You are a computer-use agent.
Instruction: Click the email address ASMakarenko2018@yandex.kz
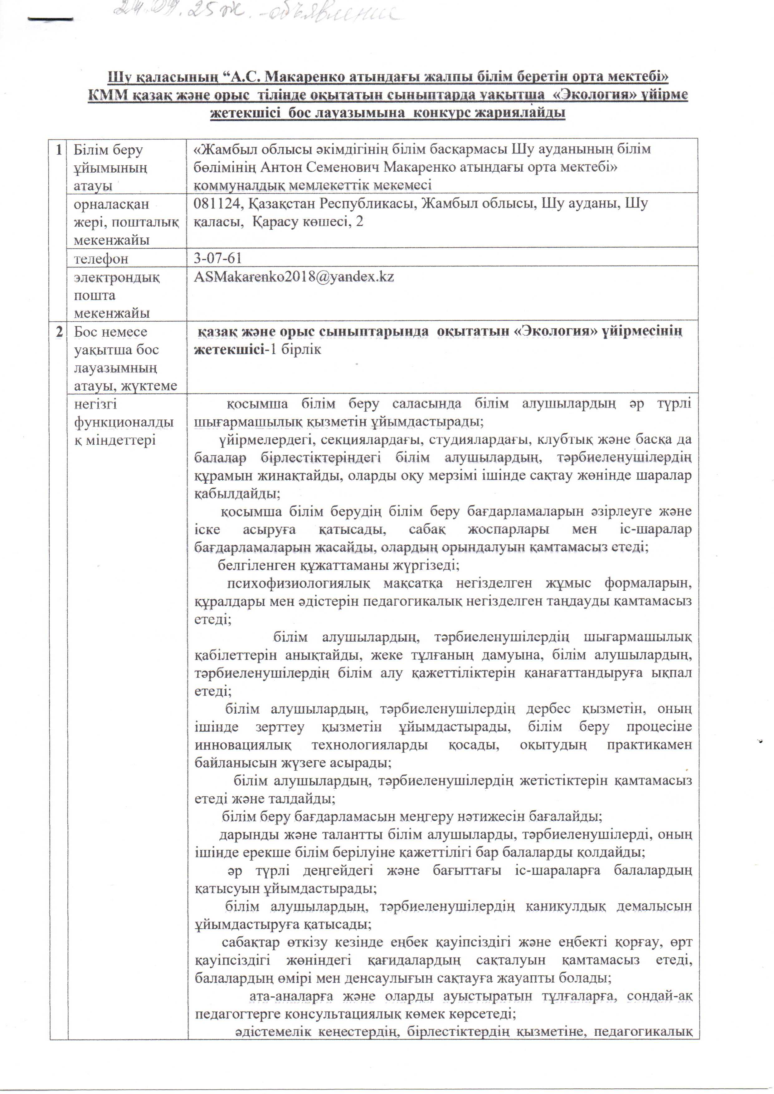pyautogui.click(x=294, y=277)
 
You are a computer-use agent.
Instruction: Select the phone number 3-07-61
pyautogui.click(x=218, y=258)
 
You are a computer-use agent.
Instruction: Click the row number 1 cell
pyautogui.click(x=59, y=150)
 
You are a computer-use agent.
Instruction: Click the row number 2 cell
pyautogui.click(x=59, y=332)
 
